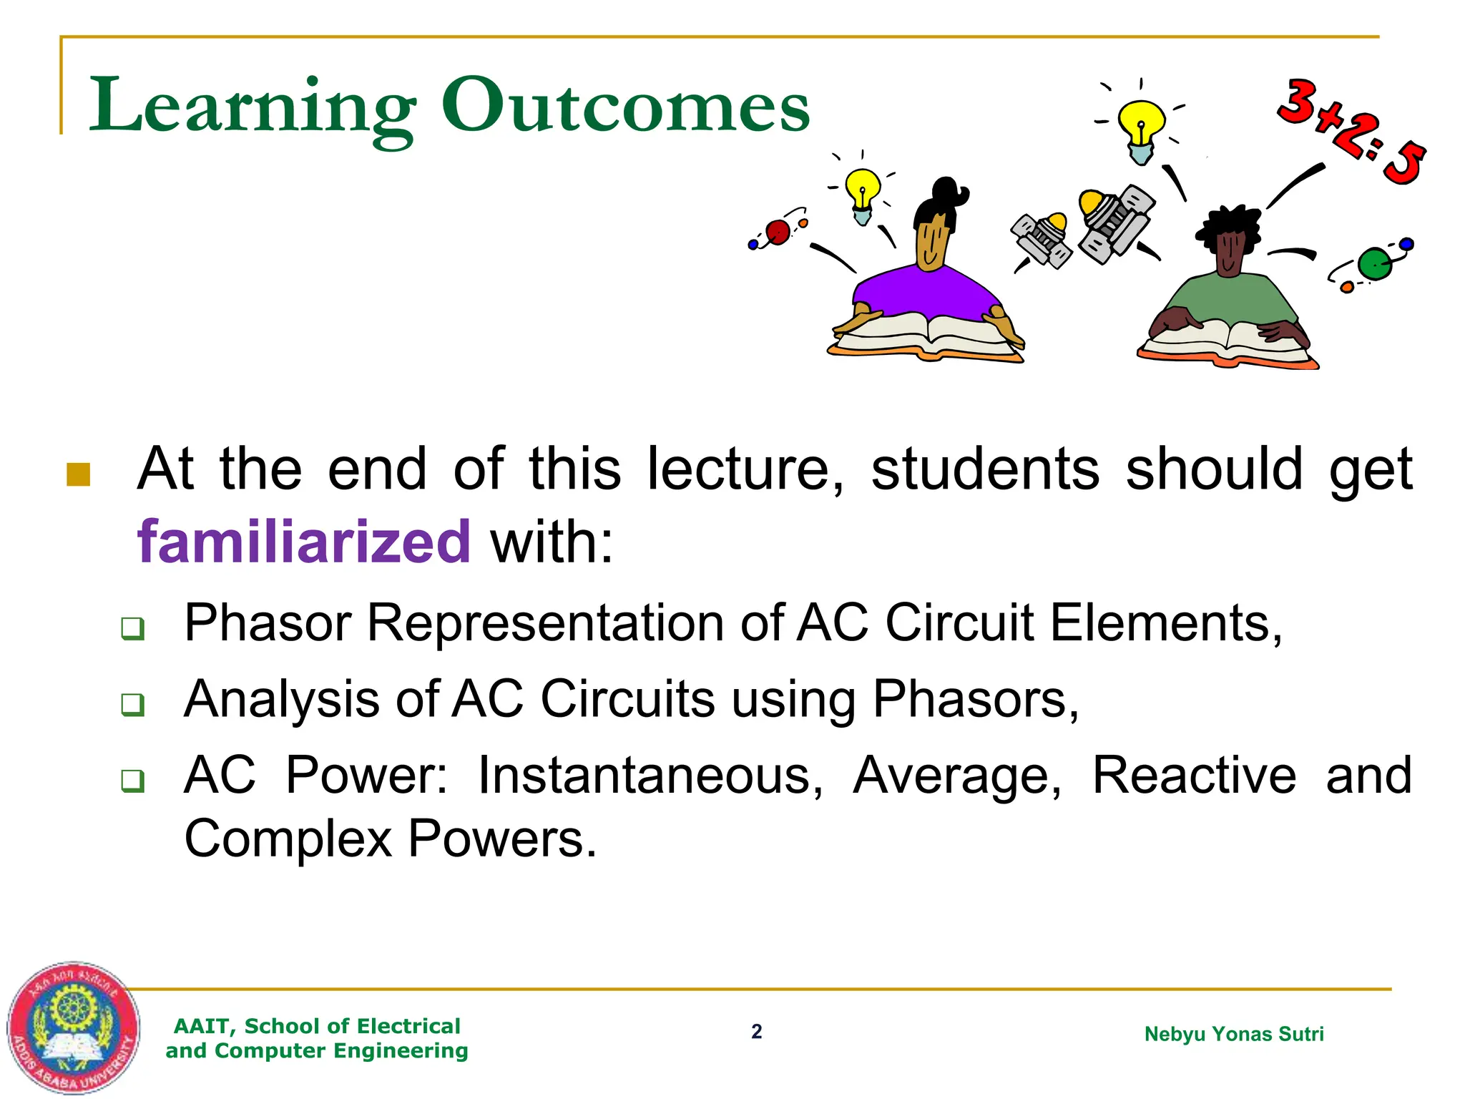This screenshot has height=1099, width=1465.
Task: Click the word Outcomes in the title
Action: [626, 106]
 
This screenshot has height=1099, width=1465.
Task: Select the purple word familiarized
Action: [304, 542]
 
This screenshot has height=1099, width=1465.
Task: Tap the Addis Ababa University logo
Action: [73, 1027]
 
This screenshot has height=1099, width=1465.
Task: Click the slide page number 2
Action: [756, 1032]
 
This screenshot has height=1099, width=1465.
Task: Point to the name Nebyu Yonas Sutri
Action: [1234, 1034]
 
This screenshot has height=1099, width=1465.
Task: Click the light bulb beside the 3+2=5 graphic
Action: [1141, 129]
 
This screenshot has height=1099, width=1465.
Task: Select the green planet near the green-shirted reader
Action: [1374, 264]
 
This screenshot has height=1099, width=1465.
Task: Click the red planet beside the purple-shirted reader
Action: [778, 232]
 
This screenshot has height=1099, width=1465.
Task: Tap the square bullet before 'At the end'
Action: [78, 474]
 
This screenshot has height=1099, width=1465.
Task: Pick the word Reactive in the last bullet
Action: [1193, 776]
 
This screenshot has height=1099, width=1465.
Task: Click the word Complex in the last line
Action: [288, 839]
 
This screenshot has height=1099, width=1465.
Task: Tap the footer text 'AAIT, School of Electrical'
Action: [317, 1026]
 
